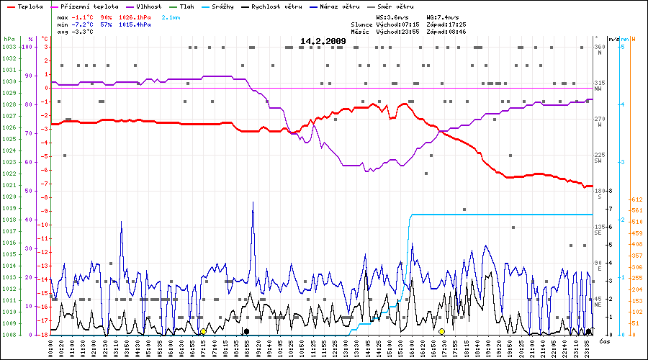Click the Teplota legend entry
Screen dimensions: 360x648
[x=29, y=6]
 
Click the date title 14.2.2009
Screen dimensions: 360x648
[x=323, y=41]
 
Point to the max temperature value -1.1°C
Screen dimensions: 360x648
[x=84, y=16]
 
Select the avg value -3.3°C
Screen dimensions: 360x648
[x=84, y=32]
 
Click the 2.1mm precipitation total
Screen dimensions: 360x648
[x=171, y=16]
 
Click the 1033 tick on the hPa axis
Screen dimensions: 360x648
[x=9, y=47]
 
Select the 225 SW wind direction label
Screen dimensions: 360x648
[x=598, y=157]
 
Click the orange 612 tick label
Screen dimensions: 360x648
[x=636, y=199]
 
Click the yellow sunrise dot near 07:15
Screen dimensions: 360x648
[x=203, y=331]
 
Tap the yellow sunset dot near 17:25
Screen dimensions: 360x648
[x=441, y=331]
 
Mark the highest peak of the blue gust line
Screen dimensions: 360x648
[x=253, y=202]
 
